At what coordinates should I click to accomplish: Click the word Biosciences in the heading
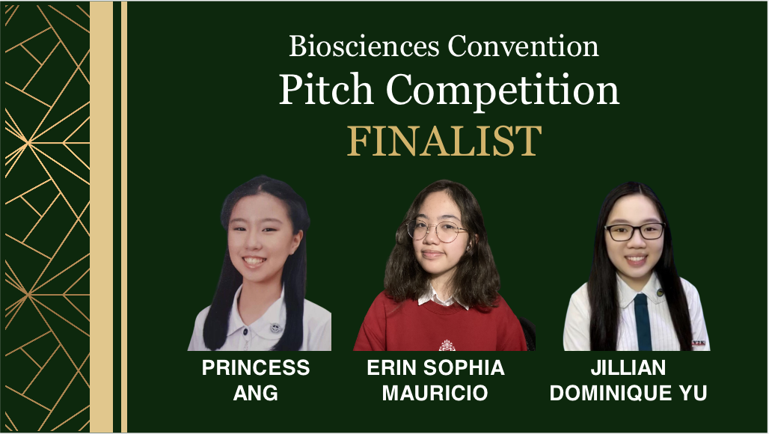[x=364, y=46]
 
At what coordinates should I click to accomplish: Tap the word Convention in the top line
[x=523, y=46]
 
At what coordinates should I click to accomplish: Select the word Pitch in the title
[x=326, y=89]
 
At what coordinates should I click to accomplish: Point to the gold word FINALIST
[x=444, y=141]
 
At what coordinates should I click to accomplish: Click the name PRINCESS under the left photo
[x=256, y=368]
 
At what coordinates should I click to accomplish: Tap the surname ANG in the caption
[x=256, y=393]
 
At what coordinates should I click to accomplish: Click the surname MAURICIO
[x=435, y=393]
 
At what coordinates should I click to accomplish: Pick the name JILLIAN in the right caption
[x=628, y=368]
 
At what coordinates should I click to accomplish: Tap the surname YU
[x=692, y=393]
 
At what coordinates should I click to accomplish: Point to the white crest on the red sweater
[x=447, y=346]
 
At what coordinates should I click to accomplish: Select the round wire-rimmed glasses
[x=436, y=230]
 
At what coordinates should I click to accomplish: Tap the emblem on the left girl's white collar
[x=275, y=328]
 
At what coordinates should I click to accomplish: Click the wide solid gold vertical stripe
[x=102, y=217]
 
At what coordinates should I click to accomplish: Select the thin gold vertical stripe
[x=124, y=217]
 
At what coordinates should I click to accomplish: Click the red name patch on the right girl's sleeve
[x=699, y=343]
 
